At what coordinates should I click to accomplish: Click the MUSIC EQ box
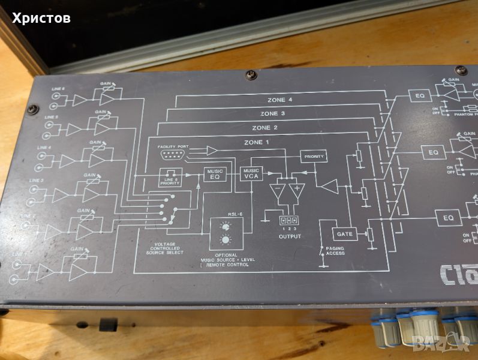tap(215, 174)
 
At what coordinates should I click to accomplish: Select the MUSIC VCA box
tap(250, 173)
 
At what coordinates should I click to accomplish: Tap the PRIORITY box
tap(313, 157)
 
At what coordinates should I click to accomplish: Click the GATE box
tap(344, 233)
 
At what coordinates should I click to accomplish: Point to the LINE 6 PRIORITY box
tap(170, 177)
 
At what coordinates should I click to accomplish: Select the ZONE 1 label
tap(257, 142)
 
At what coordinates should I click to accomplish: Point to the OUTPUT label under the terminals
tap(289, 236)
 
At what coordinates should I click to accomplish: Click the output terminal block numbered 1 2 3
tap(289, 220)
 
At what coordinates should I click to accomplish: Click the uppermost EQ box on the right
tap(419, 95)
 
